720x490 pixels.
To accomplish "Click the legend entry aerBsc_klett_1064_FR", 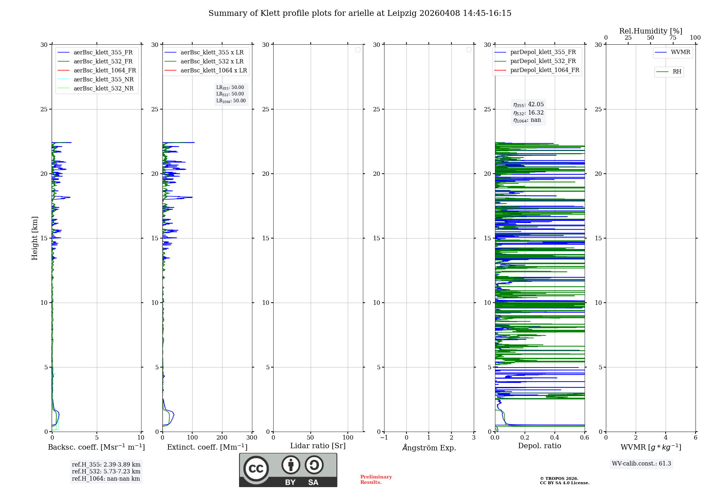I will (105, 70).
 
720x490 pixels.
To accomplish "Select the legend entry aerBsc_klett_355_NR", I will (103, 79).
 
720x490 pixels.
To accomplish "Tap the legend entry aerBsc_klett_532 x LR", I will (212, 61).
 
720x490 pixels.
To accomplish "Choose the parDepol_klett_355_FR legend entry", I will (543, 52).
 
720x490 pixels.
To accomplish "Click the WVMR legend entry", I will (680, 52).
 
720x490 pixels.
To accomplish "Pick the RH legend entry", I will (677, 72).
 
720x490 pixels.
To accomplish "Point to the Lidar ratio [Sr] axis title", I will (318, 446).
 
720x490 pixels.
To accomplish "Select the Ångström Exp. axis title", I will (429, 447).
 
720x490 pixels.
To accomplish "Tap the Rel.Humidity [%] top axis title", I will (651, 31).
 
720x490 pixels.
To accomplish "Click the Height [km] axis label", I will (35, 238).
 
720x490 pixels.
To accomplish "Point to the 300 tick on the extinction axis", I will (252, 438).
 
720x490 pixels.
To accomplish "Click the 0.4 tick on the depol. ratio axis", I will (555, 438).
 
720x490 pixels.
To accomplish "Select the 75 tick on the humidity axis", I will (673, 38).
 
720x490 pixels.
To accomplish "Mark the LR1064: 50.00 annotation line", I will (231, 101).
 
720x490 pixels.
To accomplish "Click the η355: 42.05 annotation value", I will (528, 104).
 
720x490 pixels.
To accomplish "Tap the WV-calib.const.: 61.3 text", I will (642, 464).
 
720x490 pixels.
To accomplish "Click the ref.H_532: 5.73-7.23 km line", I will (106, 471).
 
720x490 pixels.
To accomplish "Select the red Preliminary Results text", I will (376, 480).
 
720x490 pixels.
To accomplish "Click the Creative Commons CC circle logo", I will (256, 469).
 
